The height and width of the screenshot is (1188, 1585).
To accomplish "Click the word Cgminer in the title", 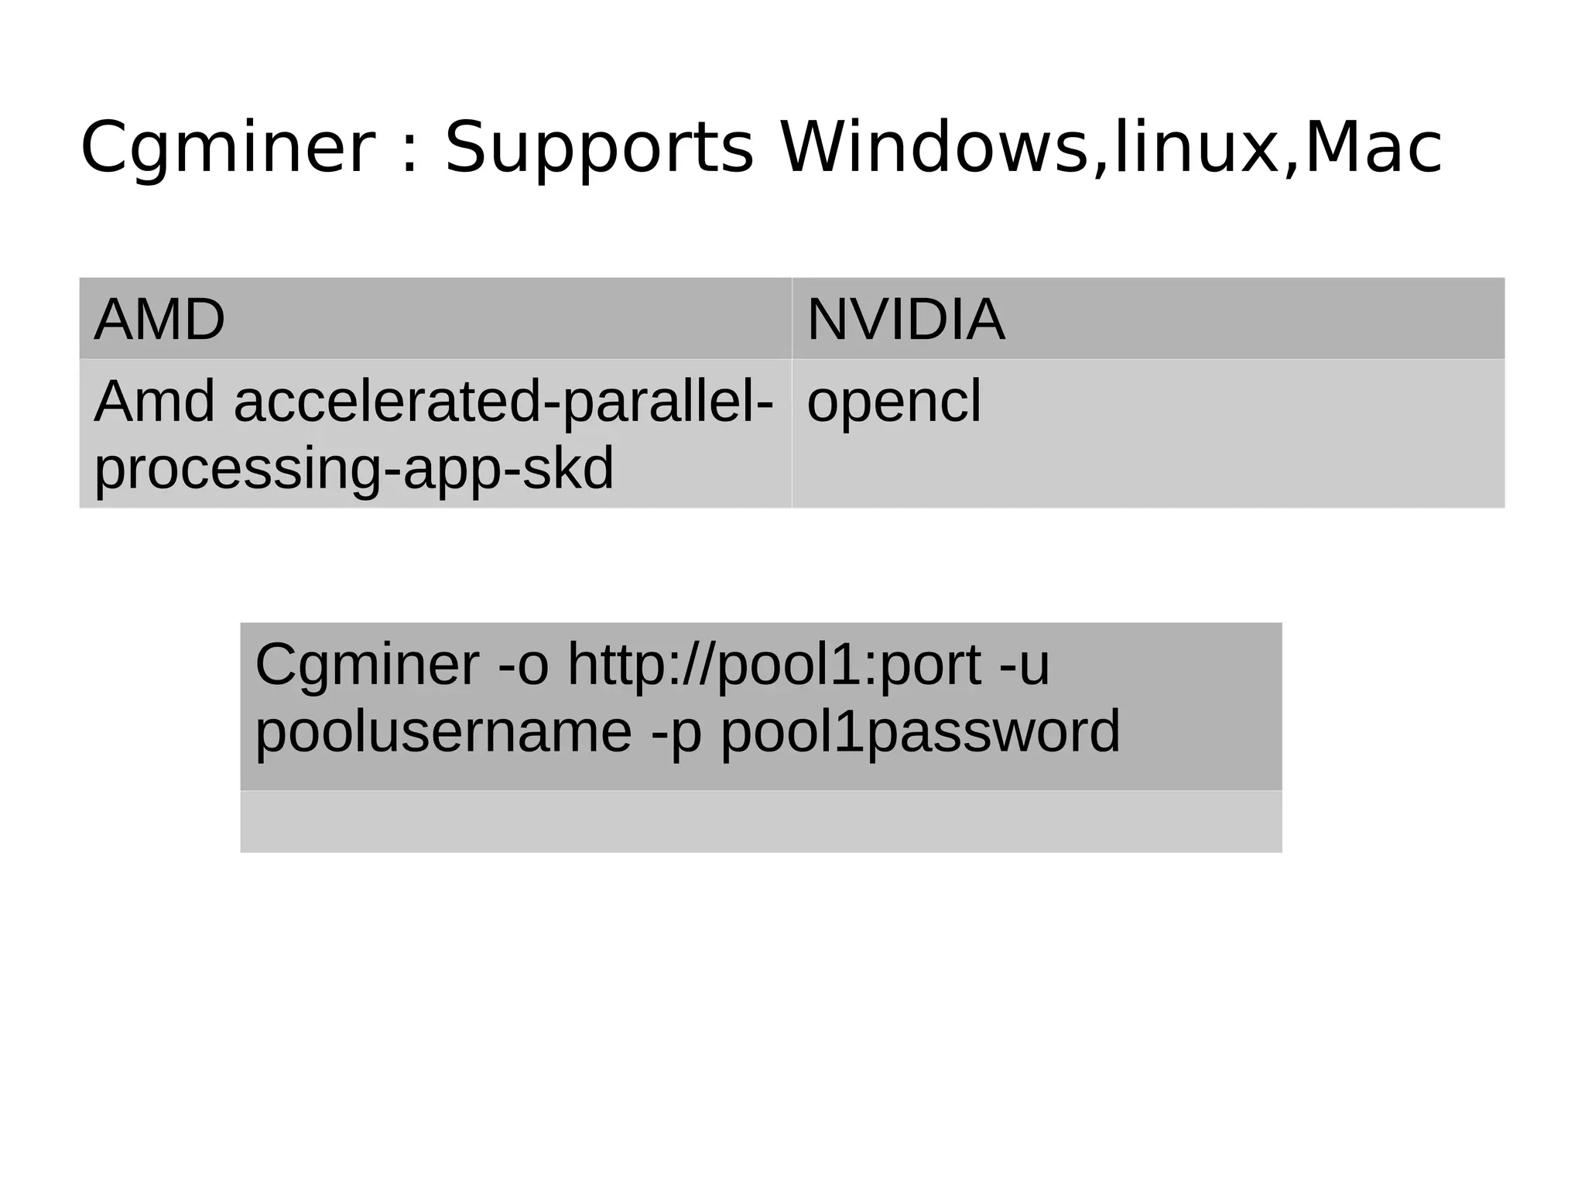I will click(228, 149).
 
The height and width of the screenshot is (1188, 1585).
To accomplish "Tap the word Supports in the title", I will click(598, 149).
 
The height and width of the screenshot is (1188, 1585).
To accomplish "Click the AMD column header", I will click(159, 320).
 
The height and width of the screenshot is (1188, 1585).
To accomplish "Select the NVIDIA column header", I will click(905, 320).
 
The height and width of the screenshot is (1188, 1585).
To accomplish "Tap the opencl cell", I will click(893, 402).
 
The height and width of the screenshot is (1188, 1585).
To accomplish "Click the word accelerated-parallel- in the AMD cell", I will click(503, 402).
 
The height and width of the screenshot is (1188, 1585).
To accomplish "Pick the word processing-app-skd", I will click(354, 470).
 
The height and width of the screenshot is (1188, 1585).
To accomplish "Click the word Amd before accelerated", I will click(154, 402).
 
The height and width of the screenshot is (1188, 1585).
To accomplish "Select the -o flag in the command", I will click(523, 666).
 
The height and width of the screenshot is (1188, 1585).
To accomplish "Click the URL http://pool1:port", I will click(774, 666).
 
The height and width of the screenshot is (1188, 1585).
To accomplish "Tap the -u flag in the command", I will click(1025, 666).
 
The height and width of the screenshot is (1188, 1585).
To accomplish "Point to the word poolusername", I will click(443, 732).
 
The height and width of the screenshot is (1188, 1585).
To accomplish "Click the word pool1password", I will click(920, 732).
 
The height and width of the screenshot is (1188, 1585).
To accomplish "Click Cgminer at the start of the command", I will click(367, 666).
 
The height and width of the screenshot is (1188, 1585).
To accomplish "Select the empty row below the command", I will click(761, 822).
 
